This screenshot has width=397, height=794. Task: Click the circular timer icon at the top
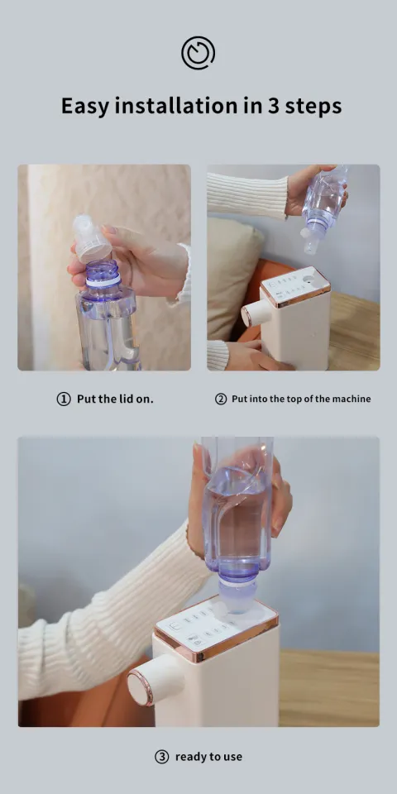[198, 54]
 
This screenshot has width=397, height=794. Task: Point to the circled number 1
[64, 399]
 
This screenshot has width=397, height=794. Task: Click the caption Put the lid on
[115, 399]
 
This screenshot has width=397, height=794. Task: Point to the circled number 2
[221, 399]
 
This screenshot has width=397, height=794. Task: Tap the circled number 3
[162, 756]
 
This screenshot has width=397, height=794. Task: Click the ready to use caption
[208, 756]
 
